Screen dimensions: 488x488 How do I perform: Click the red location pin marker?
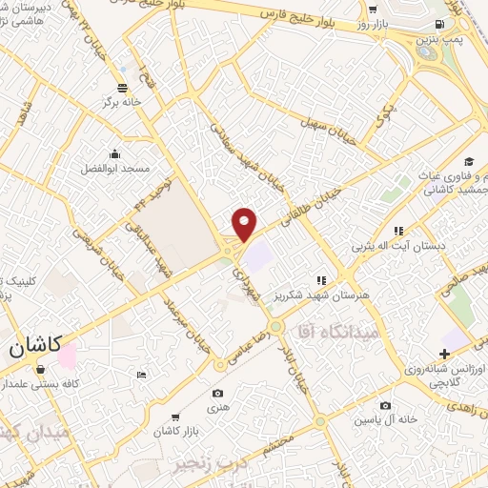point(245,223)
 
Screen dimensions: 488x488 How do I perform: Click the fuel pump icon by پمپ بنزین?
point(438,23)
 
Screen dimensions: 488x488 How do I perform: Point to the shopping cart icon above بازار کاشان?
point(176,417)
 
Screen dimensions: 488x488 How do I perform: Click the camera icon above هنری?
point(217,393)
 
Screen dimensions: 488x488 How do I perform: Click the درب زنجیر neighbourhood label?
point(204,465)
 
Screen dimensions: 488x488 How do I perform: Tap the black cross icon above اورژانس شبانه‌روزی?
point(444,354)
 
